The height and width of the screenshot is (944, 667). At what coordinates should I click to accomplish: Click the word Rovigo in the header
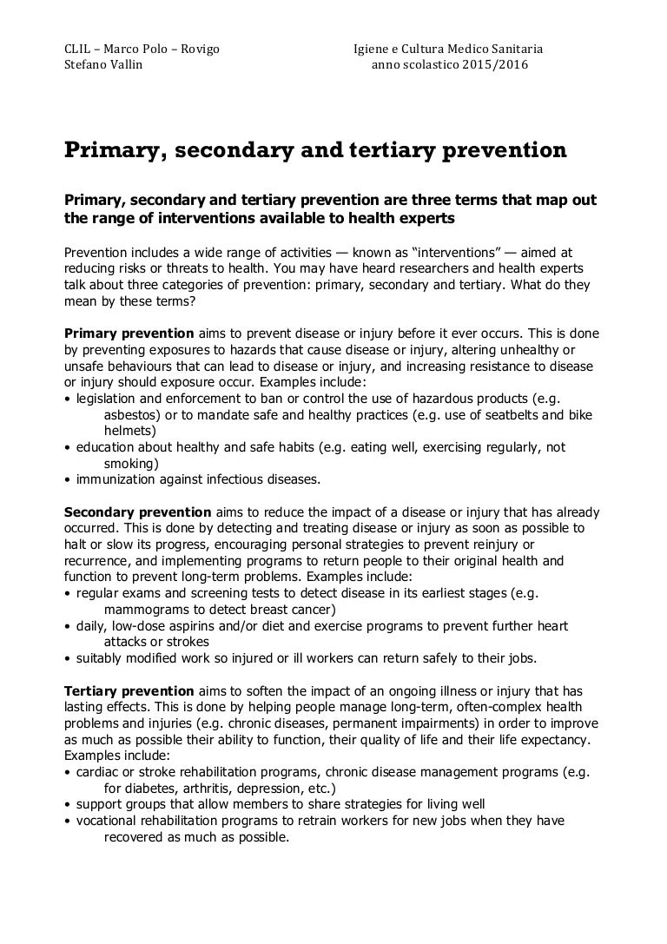point(200,49)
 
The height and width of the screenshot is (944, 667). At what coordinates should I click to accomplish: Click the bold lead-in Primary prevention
point(129,333)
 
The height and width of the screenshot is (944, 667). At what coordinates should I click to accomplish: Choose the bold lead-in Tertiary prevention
point(130,690)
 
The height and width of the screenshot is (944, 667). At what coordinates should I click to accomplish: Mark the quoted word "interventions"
point(454,251)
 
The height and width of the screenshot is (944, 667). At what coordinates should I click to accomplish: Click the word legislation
point(109,399)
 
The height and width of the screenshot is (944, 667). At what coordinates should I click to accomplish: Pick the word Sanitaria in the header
point(516,49)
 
